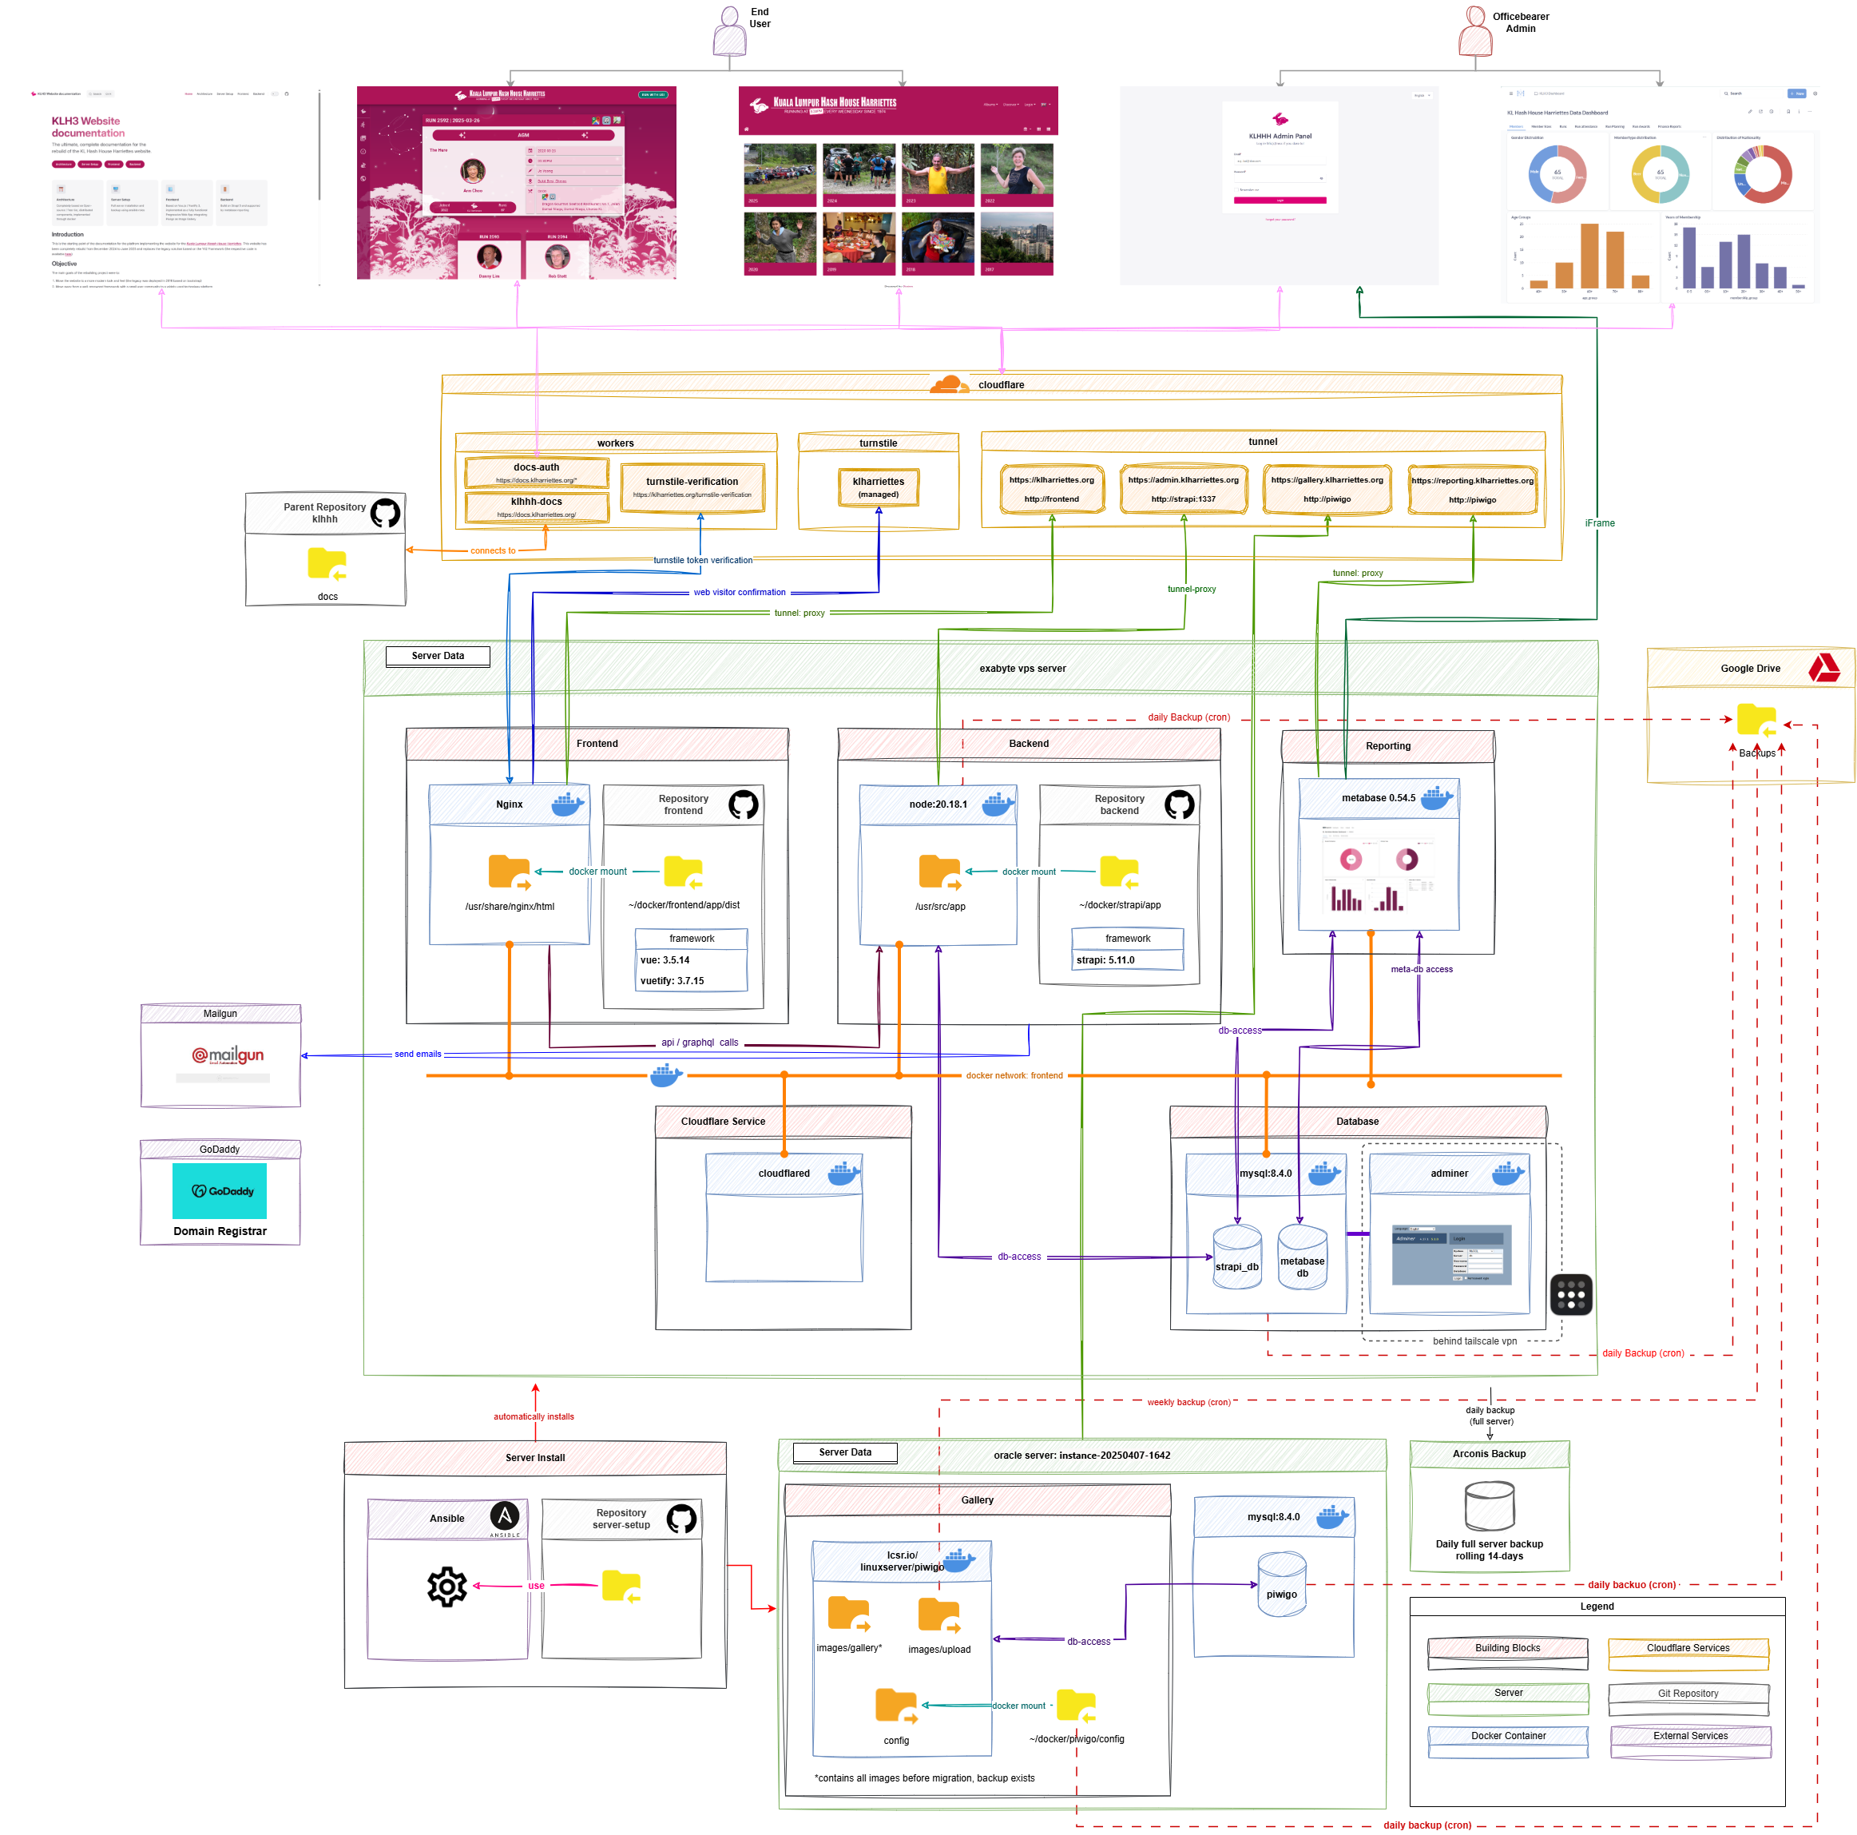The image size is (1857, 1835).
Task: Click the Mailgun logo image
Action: click(223, 1058)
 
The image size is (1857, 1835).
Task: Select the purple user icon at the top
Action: click(729, 32)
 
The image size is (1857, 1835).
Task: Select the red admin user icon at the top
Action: click(1474, 32)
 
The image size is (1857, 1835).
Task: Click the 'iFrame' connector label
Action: click(1599, 523)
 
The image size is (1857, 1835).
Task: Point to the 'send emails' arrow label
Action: click(418, 1054)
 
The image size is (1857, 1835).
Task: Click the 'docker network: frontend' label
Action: click(1014, 1075)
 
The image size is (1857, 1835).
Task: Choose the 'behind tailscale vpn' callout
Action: click(1474, 1341)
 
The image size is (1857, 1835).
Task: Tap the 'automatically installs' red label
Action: click(534, 1416)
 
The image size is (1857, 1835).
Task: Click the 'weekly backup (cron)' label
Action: click(1189, 1401)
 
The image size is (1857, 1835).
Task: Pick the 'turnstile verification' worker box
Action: click(692, 487)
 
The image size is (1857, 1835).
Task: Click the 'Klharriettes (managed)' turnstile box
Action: click(879, 487)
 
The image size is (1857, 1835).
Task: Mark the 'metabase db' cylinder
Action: click(1303, 1257)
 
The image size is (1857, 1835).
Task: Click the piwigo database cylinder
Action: click(1281, 1584)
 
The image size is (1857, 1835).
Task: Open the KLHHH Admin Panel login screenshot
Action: click(1279, 185)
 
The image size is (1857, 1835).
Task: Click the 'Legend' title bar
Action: click(1597, 1607)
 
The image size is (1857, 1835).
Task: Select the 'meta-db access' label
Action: click(1422, 969)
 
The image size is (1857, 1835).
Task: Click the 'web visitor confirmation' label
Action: click(739, 592)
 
